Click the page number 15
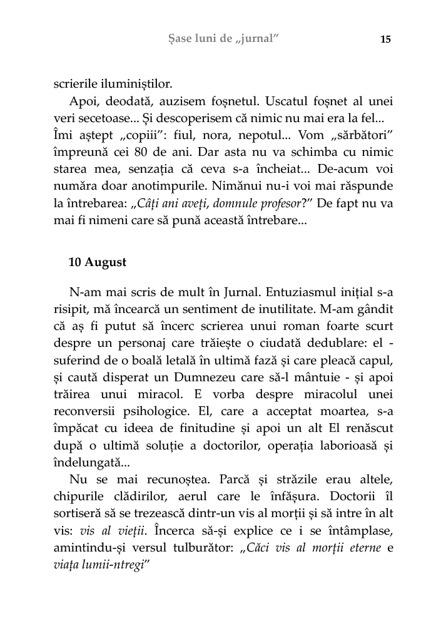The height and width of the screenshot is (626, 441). (x=385, y=39)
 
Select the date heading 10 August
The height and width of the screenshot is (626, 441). (x=97, y=262)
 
